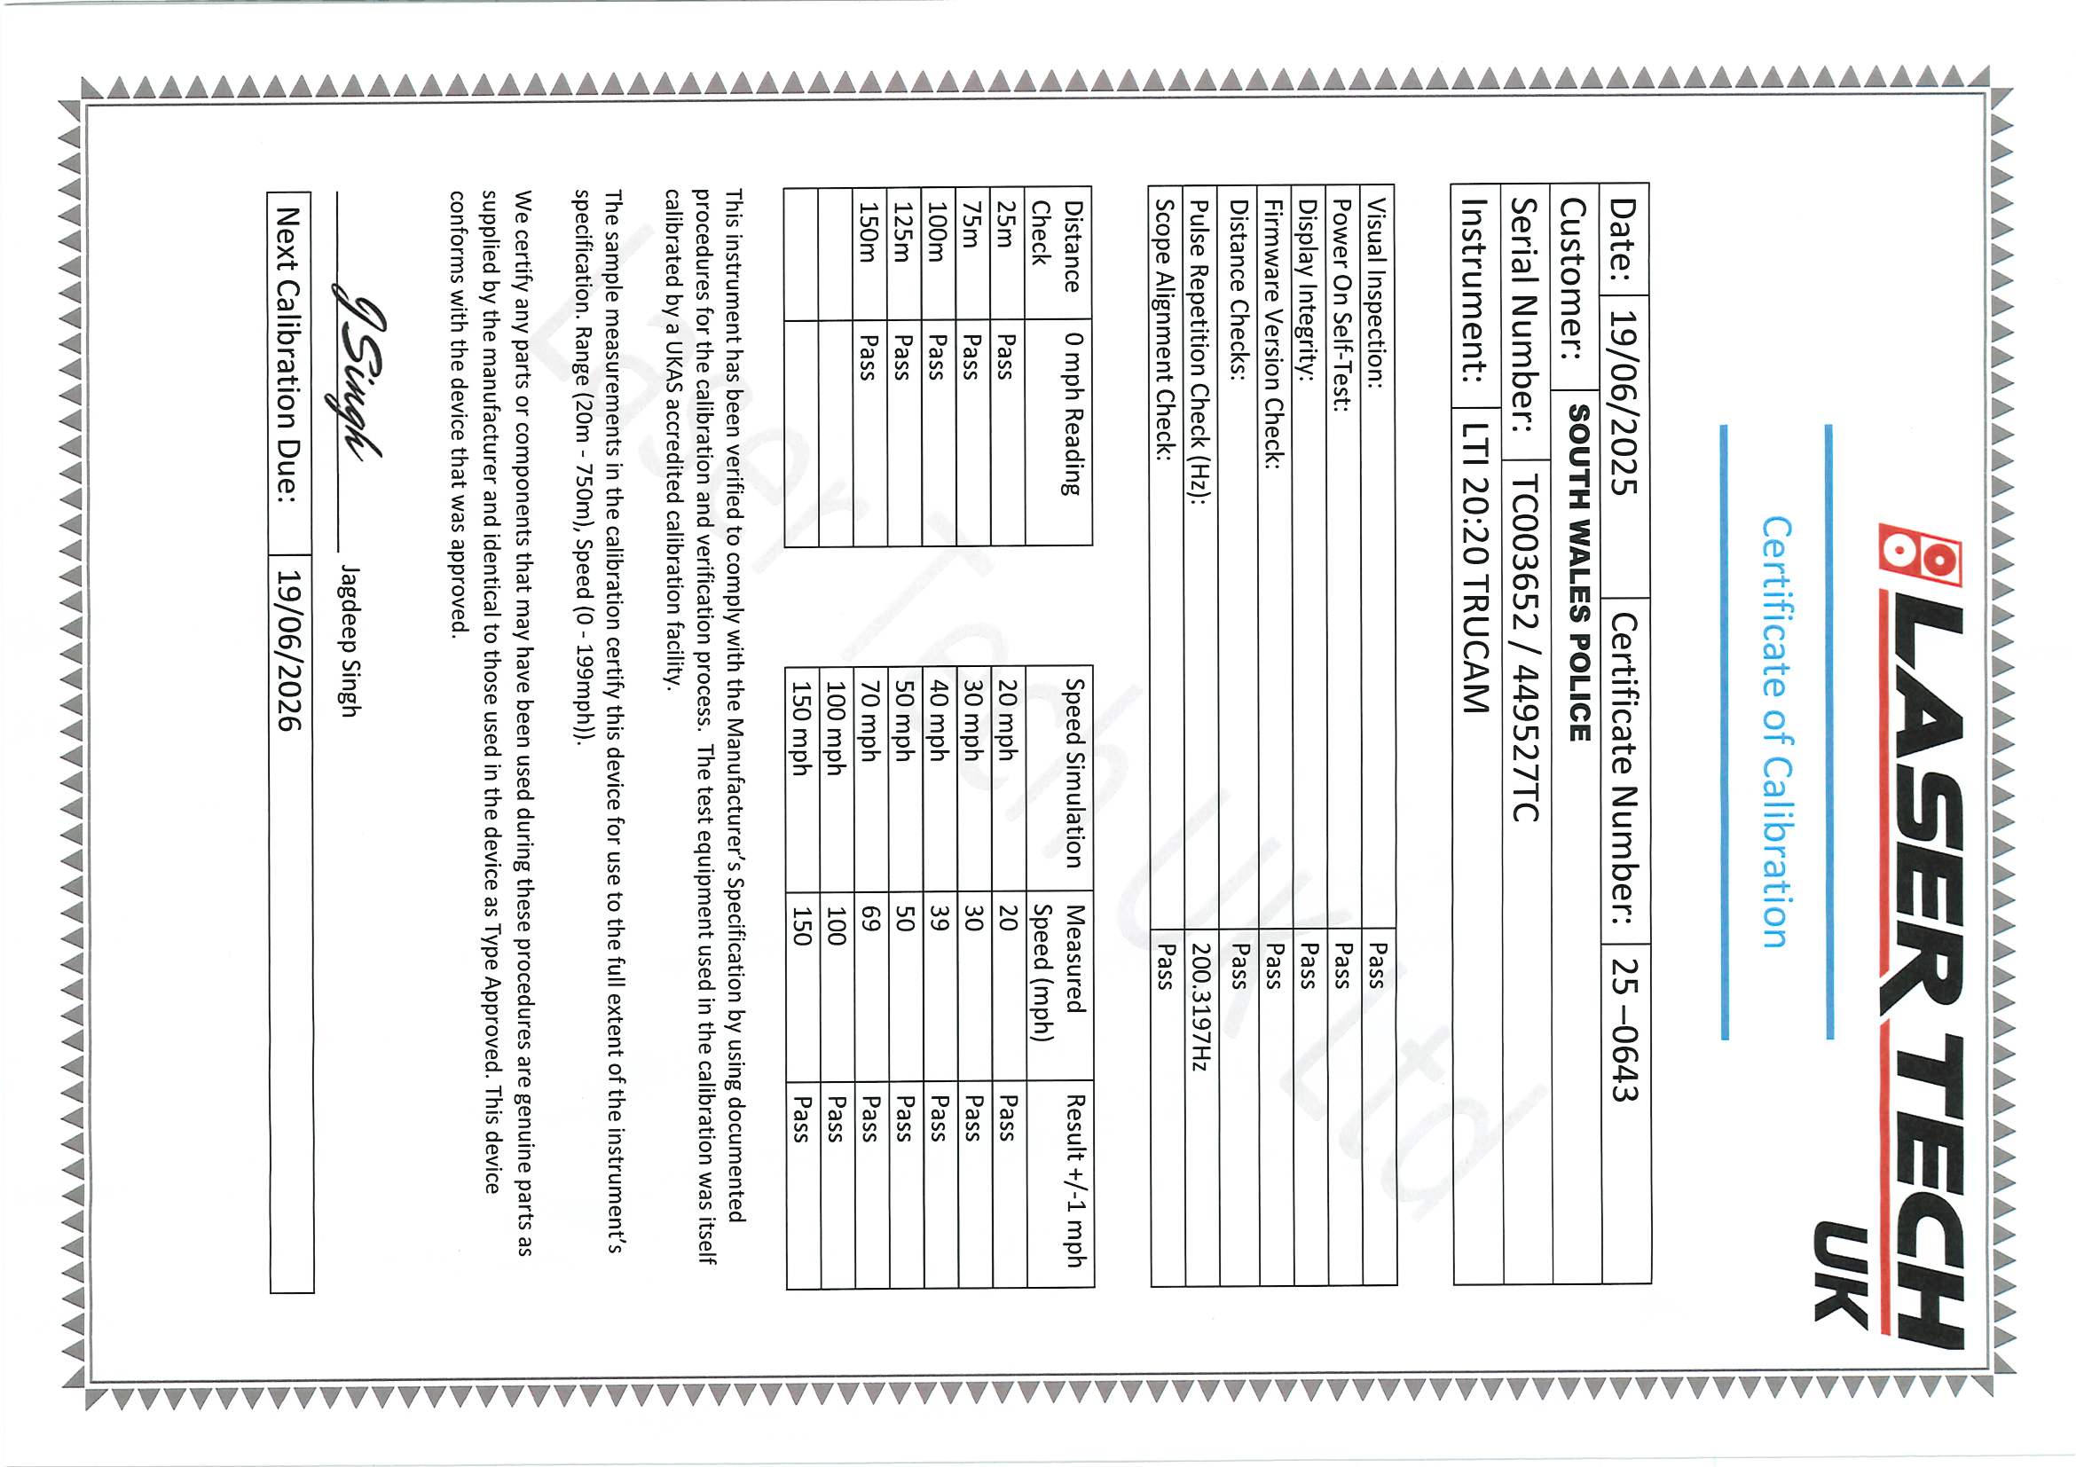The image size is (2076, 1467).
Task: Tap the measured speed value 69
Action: click(870, 920)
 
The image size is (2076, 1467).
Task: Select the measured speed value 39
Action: click(940, 920)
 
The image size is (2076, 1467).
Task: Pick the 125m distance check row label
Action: click(903, 231)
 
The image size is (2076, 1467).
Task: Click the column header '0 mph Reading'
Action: click(1073, 414)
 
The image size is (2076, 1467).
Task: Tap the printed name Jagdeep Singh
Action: click(350, 641)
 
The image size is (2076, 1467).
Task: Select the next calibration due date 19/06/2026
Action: click(288, 649)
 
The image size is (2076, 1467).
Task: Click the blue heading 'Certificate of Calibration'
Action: click(1775, 731)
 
